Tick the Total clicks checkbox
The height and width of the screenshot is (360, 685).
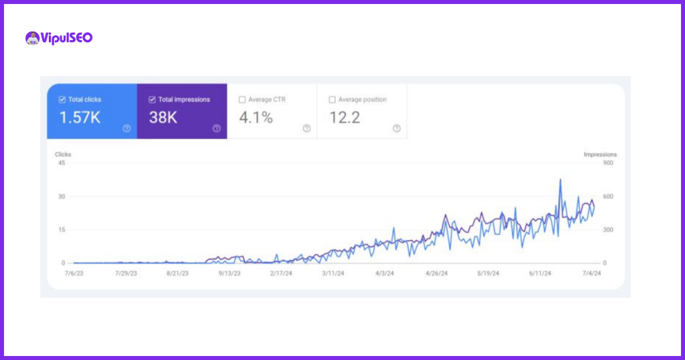pos(62,100)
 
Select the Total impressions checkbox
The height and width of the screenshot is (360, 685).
pos(152,100)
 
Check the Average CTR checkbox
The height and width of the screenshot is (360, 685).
pos(242,100)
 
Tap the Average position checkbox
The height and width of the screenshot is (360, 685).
pos(332,100)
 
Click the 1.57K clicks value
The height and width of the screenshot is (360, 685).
pos(80,118)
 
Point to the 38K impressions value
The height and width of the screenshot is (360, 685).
pos(163,118)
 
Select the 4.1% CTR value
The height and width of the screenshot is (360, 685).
pos(256,118)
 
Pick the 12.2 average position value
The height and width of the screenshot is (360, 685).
pos(345,118)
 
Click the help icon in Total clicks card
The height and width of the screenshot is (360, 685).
pos(126,128)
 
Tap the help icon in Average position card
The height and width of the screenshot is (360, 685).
pos(397,128)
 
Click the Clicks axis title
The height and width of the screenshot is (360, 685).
pos(63,155)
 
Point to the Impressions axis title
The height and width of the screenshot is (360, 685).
pos(600,155)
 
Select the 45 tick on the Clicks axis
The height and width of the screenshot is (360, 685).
pos(62,163)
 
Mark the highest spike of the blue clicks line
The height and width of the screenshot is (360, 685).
pos(560,179)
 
